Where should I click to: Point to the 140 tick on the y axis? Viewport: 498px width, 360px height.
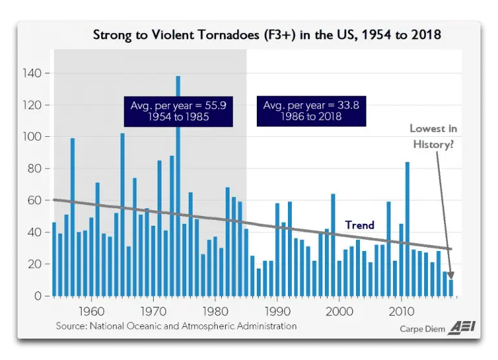34,74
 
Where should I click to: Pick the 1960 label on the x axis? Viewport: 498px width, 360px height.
91,309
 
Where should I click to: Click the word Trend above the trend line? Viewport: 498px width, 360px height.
359,225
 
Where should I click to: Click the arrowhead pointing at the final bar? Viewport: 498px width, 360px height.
449,276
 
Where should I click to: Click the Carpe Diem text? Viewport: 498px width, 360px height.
422,329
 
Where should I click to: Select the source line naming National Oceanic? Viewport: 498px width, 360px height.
176,326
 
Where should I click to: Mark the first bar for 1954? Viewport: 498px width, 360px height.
54,259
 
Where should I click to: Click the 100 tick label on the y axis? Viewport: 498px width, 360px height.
34,137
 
